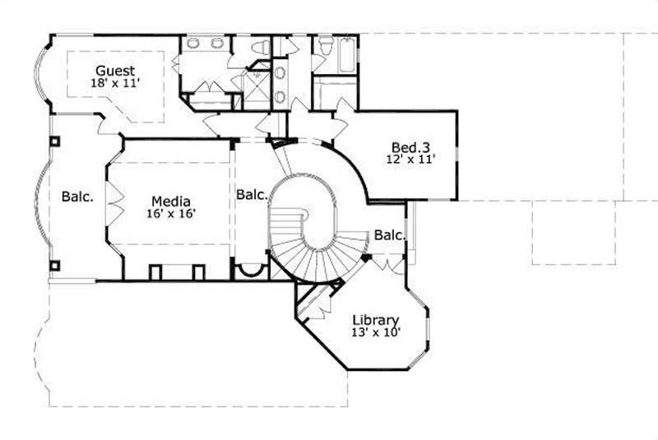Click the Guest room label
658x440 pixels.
pos(115,71)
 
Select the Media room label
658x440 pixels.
pos(171,201)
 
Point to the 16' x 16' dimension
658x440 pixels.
pos(171,213)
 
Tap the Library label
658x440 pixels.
pos(376,320)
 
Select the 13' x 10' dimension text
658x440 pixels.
pos(376,332)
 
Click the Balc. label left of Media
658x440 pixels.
pos(77,197)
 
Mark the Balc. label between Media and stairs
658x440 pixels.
pos(252,195)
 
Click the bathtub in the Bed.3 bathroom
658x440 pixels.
pos(348,54)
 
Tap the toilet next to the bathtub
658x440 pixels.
pos(325,45)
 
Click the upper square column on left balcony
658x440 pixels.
pos(54,141)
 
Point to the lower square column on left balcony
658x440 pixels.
pos(54,265)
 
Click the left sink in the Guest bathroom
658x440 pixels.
pos(192,44)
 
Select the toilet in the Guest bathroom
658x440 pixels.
pos(257,48)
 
